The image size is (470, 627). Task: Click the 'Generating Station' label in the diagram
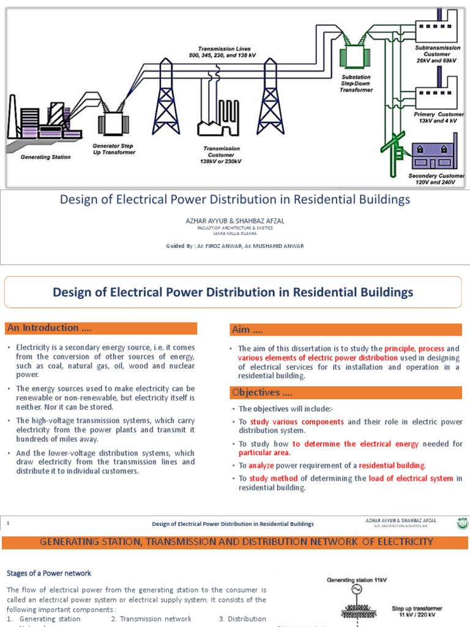pos(45,157)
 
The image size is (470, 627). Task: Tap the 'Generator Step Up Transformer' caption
pos(113,149)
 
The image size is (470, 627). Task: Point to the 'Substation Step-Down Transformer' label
pos(356,83)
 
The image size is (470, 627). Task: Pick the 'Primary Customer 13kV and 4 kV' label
pos(439,118)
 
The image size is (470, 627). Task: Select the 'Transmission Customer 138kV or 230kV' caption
pos(222,155)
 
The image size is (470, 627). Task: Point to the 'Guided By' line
pos(235,246)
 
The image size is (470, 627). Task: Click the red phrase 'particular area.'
pos(264,452)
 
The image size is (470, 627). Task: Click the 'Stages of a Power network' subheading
pos(49,573)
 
